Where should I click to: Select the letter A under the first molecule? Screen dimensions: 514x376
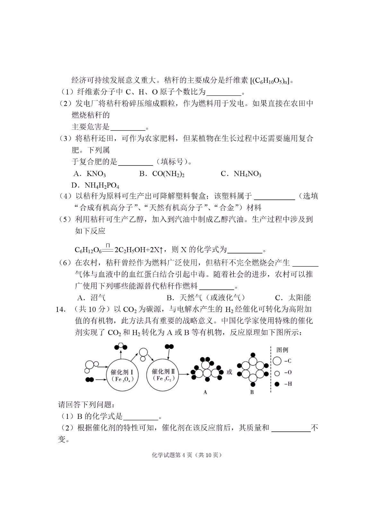(205, 392)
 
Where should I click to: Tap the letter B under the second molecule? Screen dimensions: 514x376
(252, 392)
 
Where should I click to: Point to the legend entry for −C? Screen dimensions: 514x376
(283, 361)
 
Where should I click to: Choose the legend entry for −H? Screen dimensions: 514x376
(283, 384)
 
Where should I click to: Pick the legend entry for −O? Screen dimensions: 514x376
(283, 373)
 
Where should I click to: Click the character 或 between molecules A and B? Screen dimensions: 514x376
(229, 372)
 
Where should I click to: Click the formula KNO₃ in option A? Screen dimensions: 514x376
(96, 174)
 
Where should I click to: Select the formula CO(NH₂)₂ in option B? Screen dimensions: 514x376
(168, 174)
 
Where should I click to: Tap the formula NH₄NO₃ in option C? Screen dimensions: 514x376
(247, 174)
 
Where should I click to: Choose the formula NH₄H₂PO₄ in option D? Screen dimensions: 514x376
(102, 186)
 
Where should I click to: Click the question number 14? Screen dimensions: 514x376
(60, 309)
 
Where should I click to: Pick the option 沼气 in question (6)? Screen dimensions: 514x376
(98, 297)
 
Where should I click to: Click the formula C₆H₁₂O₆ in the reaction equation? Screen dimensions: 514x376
(88, 250)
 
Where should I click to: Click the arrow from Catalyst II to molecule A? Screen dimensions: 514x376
(183, 374)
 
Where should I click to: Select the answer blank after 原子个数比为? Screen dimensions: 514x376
(224, 93)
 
